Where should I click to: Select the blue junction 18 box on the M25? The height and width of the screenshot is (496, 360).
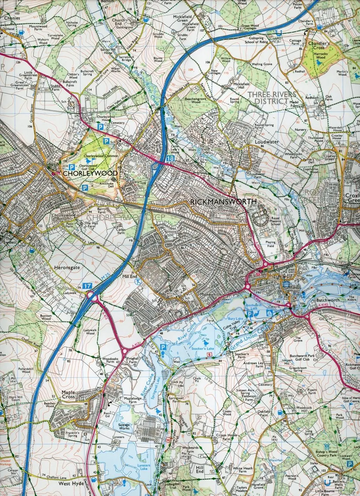click(170, 159)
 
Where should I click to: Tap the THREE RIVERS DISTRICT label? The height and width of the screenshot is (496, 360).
click(272, 97)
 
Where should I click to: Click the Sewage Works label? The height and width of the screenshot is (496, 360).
click(124, 427)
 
